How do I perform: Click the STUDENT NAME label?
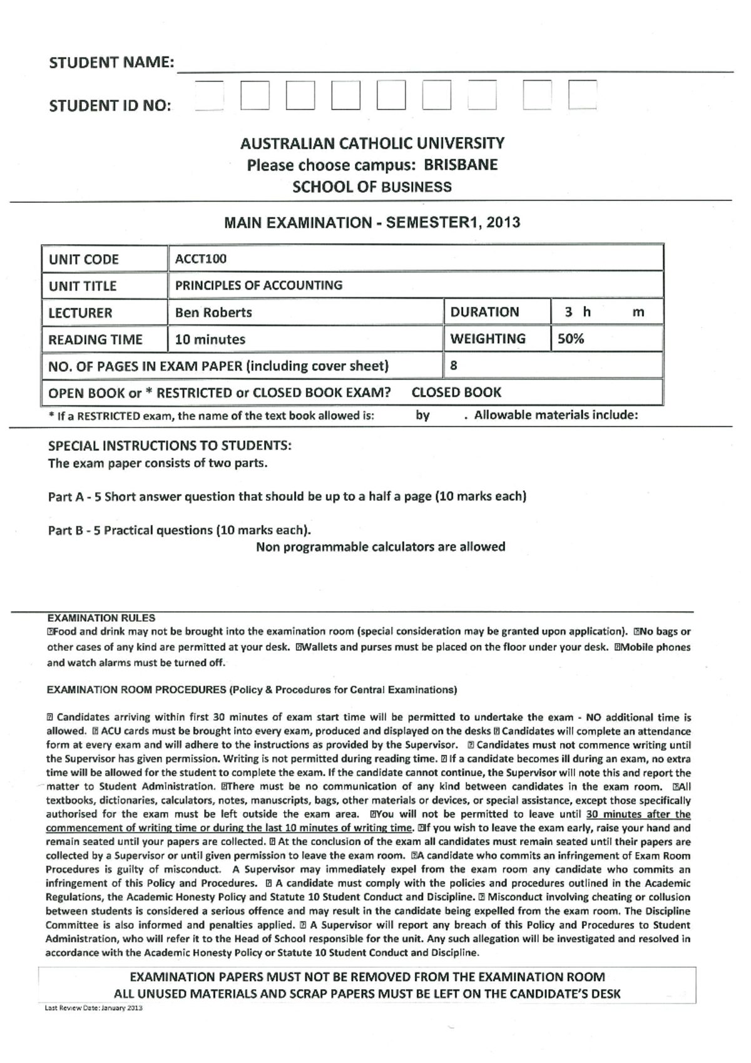point(111,63)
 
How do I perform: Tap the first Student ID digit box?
point(209,96)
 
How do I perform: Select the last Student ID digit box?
point(582,96)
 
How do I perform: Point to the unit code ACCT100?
point(201,259)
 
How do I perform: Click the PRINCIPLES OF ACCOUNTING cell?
point(258,285)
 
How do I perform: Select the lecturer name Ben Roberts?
point(213,312)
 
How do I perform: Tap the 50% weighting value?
point(571,339)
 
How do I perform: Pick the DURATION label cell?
point(484,312)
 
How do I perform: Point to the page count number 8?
point(454,366)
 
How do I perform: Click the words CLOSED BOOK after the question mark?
point(456,393)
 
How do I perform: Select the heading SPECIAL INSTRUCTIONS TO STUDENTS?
point(170,446)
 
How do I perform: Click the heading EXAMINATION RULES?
point(101,618)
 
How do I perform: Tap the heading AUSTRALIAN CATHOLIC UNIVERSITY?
point(372,143)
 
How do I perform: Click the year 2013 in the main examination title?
point(503,222)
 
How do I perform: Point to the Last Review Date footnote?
point(93,1009)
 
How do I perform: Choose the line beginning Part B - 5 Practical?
point(180,530)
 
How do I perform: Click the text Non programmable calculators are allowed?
point(381,547)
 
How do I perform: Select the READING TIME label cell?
point(95,339)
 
